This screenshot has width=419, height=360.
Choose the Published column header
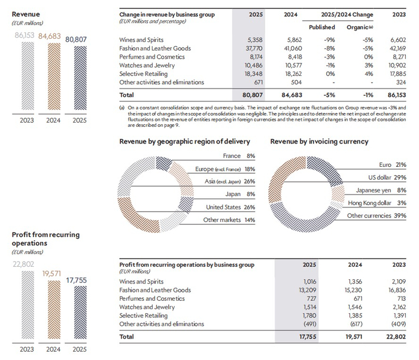tap(322, 27)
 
